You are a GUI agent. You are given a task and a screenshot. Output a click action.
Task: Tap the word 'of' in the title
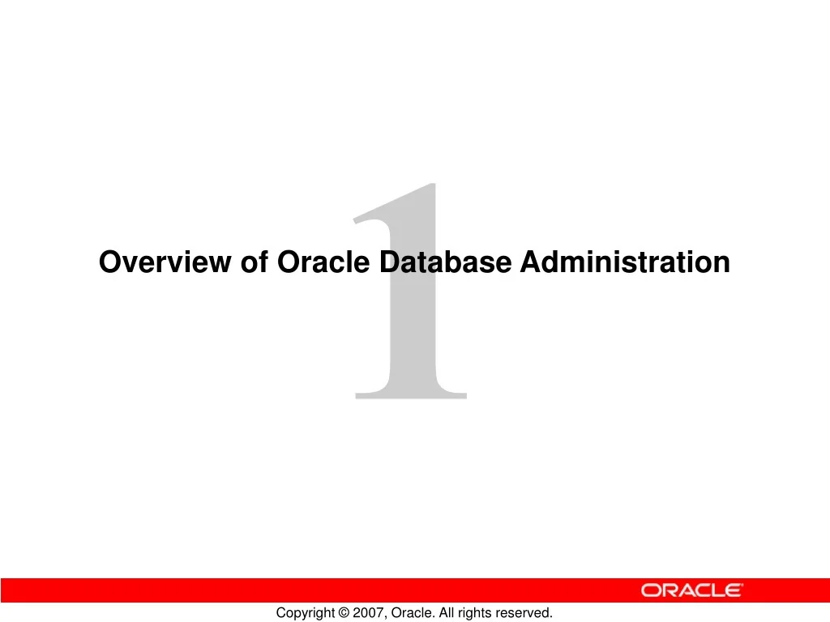click(255, 262)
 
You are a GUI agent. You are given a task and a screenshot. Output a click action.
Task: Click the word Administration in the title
click(625, 262)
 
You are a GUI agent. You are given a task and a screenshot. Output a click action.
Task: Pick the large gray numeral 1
click(413, 324)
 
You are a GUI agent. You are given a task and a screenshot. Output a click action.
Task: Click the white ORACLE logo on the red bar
click(691, 590)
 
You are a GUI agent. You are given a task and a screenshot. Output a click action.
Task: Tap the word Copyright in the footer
click(305, 613)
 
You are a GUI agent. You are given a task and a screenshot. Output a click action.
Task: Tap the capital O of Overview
click(109, 262)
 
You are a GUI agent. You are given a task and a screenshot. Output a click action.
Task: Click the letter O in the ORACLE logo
click(650, 590)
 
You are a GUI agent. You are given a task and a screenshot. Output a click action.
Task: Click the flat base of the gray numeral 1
click(411, 395)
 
